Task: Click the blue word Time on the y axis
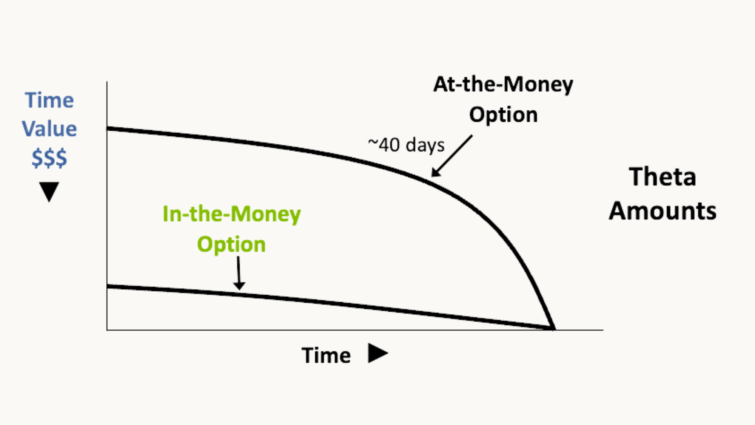pyautogui.click(x=49, y=100)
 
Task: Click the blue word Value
pyautogui.click(x=49, y=129)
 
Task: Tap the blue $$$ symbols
pyautogui.click(x=49, y=158)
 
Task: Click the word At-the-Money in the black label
pyautogui.click(x=503, y=85)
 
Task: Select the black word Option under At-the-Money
pyautogui.click(x=503, y=115)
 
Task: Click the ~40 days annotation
pyautogui.click(x=406, y=145)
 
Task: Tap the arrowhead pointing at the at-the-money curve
pyautogui.click(x=436, y=172)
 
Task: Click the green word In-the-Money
pyautogui.click(x=232, y=214)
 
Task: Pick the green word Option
pyautogui.click(x=231, y=244)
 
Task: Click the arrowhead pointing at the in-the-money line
pyautogui.click(x=239, y=286)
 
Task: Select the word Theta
pyautogui.click(x=663, y=177)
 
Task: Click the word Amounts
pyautogui.click(x=663, y=211)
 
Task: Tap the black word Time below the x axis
pyautogui.click(x=326, y=355)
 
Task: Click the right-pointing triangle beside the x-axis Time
pyautogui.click(x=378, y=353)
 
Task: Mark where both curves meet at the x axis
pyautogui.click(x=553, y=328)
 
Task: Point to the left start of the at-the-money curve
pyautogui.click(x=108, y=129)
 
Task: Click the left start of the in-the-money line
pyautogui.click(x=108, y=286)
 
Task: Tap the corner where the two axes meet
pyautogui.click(x=107, y=330)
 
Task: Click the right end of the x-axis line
pyautogui.click(x=603, y=330)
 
